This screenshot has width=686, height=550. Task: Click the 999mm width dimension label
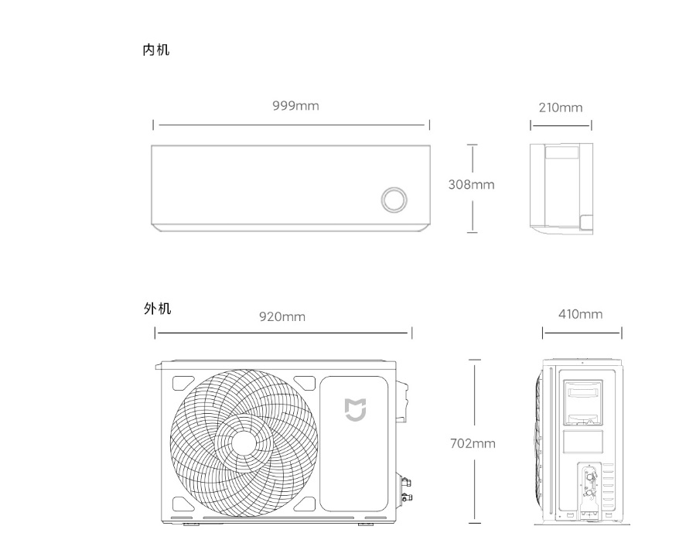tap(295, 106)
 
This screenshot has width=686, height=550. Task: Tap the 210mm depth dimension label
tap(561, 108)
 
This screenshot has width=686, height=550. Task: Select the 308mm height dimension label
tap(471, 185)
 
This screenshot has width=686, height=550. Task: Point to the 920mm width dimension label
tap(282, 316)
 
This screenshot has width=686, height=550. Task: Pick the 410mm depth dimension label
tap(580, 314)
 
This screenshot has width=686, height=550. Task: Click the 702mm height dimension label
tap(473, 443)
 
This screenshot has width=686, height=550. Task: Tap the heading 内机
tap(156, 50)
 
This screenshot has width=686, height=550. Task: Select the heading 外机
tap(157, 309)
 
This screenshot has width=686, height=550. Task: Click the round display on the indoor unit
tap(394, 199)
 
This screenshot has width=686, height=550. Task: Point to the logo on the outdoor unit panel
tap(355, 409)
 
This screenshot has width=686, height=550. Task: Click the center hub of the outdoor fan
tap(244, 442)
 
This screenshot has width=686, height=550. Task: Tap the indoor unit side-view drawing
tap(561, 186)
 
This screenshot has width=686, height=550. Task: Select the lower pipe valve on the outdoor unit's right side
tap(405, 493)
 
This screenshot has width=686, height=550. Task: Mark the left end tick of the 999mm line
tap(153, 125)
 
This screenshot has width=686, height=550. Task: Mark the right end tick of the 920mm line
tap(411, 333)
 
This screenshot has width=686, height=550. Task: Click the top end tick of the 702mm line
tap(473, 360)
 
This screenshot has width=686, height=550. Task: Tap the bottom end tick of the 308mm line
tap(472, 231)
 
